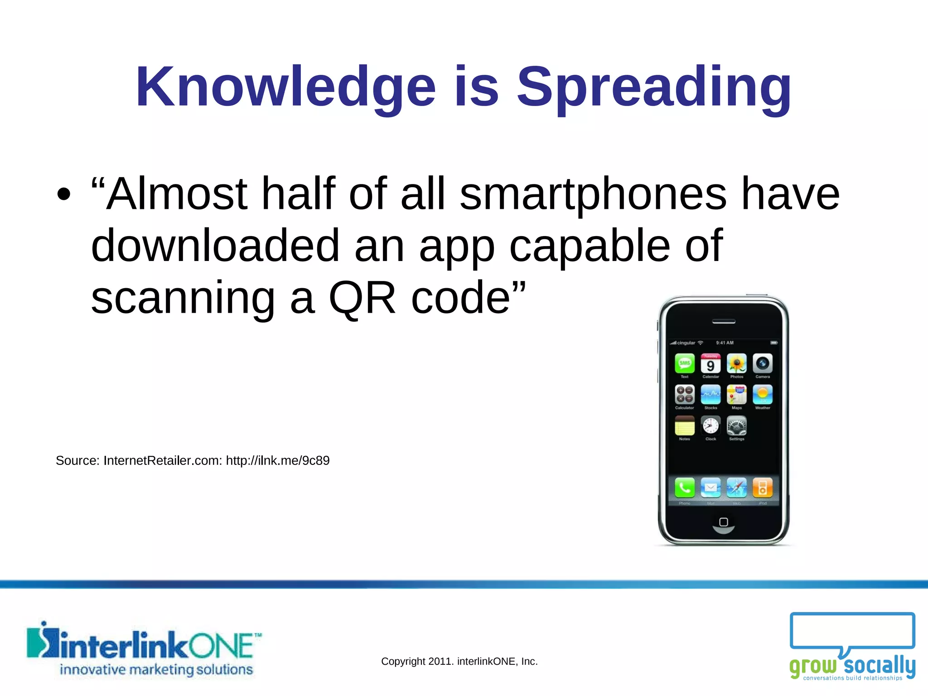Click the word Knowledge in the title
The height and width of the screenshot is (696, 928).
click(285, 87)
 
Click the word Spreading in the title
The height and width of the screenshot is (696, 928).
click(654, 87)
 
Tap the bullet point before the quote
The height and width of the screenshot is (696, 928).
click(64, 194)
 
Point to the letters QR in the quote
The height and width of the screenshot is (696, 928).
click(362, 298)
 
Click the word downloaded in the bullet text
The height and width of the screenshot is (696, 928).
click(215, 246)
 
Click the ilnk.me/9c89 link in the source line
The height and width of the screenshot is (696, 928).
click(277, 460)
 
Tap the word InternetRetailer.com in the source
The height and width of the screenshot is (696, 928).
click(163, 460)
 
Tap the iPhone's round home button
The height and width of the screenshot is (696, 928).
click(724, 522)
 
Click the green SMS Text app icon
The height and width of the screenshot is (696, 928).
click(685, 363)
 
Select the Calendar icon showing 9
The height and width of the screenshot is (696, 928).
click(710, 363)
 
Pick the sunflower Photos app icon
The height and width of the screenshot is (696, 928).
click(737, 363)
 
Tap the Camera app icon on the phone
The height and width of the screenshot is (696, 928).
click(763, 363)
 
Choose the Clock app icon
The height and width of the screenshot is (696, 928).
click(710, 425)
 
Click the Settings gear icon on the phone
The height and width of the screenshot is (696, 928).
click(737, 425)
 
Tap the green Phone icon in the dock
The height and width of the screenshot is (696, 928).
click(685, 488)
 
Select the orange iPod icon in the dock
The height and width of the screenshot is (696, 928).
click(763, 488)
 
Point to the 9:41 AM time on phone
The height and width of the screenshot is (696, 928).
click(725, 343)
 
